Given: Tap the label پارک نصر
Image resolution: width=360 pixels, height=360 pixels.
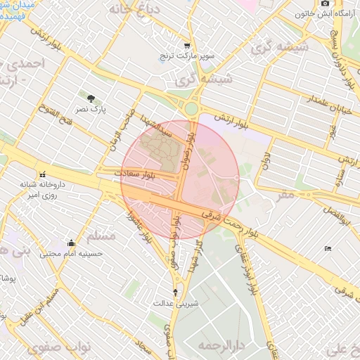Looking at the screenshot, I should coord(91,110).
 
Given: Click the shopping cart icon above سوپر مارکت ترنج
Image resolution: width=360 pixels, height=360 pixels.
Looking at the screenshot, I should coord(186,44).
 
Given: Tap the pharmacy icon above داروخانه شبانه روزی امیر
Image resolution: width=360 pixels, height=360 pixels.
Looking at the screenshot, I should coord(42,174).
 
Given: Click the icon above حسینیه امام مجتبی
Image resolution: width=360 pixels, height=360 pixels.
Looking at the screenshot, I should coord(70,243).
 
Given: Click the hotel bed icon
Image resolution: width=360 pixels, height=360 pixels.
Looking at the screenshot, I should coord(327,249).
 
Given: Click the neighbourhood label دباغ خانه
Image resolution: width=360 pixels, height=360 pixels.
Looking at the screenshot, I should coord(131,11).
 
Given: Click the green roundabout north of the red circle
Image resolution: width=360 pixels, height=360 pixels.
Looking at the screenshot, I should coord(191,109).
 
